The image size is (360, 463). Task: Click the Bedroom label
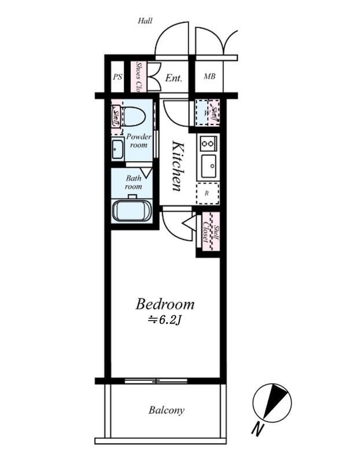point(165,304)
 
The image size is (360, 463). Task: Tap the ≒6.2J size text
point(164,321)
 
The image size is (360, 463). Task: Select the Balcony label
point(167,410)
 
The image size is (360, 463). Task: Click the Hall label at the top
point(145,21)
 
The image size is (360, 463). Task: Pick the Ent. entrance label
point(174,78)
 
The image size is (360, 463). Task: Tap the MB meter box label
point(210,76)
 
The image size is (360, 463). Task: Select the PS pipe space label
point(117,77)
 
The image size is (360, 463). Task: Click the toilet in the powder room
point(134,117)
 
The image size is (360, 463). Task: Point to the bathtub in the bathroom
point(132,210)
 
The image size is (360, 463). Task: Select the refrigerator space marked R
point(208,193)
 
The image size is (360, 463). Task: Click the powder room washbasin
point(117,149)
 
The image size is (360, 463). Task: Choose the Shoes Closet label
point(138,76)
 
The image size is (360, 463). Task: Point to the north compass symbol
point(272,403)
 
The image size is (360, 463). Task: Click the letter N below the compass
point(258,430)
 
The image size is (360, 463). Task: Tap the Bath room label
point(134,182)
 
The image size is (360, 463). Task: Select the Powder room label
point(139,141)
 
